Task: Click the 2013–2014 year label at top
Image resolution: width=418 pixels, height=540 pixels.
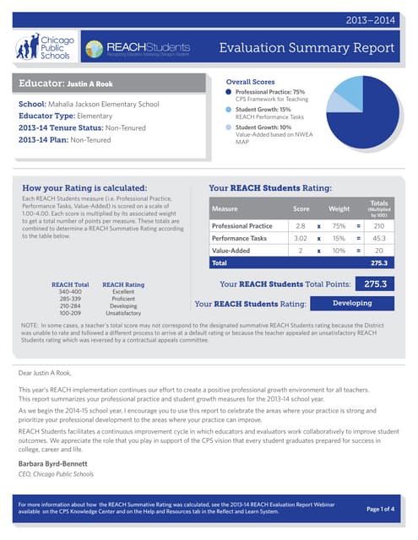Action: (x=377, y=19)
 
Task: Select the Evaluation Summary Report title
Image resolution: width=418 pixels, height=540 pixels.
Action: (x=315, y=47)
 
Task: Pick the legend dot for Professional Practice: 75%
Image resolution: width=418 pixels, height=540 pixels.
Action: (x=228, y=91)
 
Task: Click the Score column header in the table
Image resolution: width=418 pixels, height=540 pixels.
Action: (x=301, y=208)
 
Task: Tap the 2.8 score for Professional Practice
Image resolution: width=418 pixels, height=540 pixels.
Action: (x=301, y=226)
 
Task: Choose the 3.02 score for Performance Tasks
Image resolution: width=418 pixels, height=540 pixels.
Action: (x=301, y=239)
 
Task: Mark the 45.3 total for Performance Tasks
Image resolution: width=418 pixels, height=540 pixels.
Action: (x=379, y=239)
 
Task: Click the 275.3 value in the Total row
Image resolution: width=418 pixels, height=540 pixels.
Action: (x=379, y=263)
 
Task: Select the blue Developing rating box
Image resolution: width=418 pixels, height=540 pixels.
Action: (x=352, y=303)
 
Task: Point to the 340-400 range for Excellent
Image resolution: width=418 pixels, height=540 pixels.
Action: (x=69, y=292)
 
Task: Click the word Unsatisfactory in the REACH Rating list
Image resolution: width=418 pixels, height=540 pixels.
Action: (x=123, y=312)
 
